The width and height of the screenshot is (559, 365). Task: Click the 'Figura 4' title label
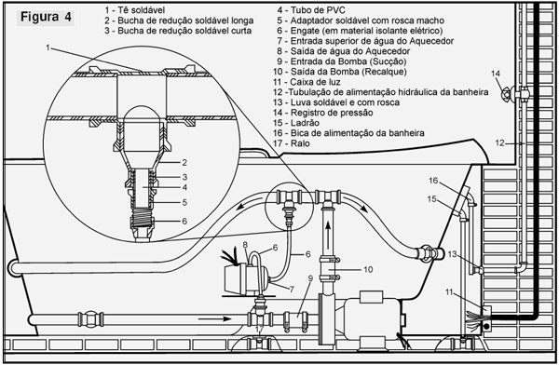point(46,17)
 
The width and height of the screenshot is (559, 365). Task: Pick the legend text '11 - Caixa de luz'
point(307,82)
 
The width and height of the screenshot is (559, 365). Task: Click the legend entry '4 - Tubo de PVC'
point(311,10)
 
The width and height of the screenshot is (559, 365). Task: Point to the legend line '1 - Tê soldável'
point(135,10)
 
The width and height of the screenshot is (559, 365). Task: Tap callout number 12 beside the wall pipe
point(499,143)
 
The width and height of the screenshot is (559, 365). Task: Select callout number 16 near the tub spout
point(433,181)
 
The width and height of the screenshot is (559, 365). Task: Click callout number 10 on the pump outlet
point(368,269)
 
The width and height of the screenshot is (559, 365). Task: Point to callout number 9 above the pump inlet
point(310,278)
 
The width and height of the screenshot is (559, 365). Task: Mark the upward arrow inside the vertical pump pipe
point(328,237)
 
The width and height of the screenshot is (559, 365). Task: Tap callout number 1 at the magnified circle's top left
point(48,47)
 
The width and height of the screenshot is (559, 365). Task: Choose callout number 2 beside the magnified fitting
point(184,163)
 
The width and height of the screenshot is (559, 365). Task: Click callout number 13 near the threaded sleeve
point(452,254)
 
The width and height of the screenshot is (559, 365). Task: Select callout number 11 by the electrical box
point(449,292)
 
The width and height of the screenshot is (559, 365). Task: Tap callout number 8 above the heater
point(245,245)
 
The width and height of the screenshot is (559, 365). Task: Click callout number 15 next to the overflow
point(431,199)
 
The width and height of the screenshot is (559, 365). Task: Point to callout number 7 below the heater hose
point(292,290)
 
